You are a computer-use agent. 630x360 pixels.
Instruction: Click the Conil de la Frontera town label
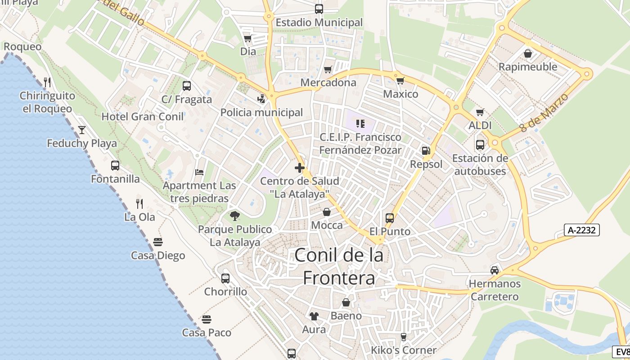coord(339,267)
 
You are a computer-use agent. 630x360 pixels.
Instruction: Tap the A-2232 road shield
coord(582,230)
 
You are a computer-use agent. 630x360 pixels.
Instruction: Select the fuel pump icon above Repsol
coord(426,151)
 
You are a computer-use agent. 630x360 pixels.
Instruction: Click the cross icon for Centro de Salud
coord(300,168)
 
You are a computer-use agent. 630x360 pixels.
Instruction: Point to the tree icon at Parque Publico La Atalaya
coord(234,216)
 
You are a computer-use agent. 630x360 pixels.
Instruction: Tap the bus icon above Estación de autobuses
coord(480,145)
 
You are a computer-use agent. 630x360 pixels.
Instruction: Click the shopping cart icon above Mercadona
coord(328,69)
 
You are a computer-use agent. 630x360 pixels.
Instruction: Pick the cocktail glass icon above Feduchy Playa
coord(82,130)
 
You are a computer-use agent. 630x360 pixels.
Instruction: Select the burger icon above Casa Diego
coord(157,242)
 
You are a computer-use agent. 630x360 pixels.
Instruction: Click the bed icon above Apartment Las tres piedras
coord(199,172)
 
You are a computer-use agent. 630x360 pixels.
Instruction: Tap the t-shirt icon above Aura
coord(314,316)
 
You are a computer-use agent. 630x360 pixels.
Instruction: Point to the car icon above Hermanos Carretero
coord(495,270)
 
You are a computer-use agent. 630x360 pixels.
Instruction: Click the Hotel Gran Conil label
coord(143,117)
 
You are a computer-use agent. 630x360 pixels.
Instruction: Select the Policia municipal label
coord(261,112)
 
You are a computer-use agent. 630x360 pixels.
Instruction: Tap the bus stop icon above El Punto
coord(390,218)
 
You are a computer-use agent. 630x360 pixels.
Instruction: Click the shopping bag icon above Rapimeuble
coord(528,54)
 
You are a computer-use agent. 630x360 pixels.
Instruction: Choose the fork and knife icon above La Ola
coord(139,204)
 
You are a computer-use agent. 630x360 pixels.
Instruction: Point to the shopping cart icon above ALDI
coord(480,112)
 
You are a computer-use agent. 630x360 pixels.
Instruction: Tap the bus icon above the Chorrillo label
coord(225,278)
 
